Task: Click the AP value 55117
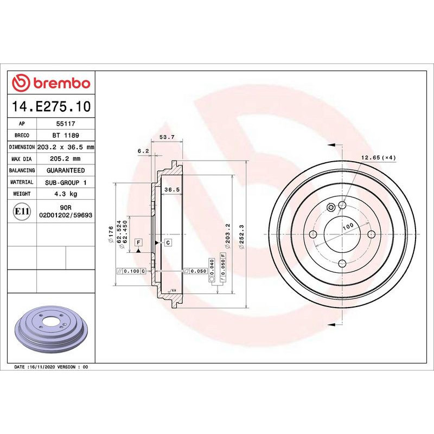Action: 65,124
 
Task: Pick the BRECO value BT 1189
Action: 65,136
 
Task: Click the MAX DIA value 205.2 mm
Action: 65,159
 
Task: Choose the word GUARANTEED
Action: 65,170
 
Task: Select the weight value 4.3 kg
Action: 65,194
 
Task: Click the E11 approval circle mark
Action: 22,211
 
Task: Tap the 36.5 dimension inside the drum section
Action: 171,189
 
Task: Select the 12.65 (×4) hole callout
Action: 378,157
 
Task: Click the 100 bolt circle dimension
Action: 347,225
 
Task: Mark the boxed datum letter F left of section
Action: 139,241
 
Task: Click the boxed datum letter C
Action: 168,242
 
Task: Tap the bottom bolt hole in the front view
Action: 342,264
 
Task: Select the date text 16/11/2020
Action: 42,367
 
